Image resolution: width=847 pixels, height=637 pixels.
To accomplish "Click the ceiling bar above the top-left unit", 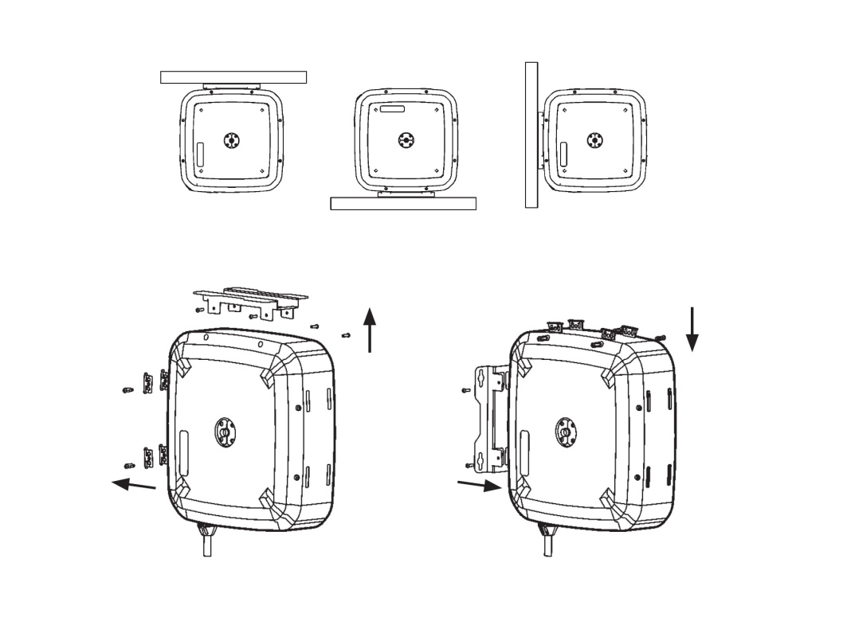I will [x=233, y=77].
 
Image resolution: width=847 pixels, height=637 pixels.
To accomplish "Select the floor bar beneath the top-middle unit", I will [x=402, y=204].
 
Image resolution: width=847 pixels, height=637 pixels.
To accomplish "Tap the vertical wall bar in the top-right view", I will [x=531, y=135].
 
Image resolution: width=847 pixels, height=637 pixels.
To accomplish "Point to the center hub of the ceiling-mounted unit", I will [x=232, y=140].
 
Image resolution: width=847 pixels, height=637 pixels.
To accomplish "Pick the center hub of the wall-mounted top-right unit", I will [x=594, y=140].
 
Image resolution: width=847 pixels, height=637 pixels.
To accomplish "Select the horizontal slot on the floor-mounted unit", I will [x=394, y=107].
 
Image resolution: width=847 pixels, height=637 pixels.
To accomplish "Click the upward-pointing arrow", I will [x=370, y=330].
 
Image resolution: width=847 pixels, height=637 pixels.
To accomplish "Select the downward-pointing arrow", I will [x=692, y=329].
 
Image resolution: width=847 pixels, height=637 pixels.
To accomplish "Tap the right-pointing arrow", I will [x=479, y=486].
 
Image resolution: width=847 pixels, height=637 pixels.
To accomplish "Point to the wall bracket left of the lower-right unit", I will [x=489, y=418].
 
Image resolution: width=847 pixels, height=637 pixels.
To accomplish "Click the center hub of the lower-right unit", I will [x=564, y=432].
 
